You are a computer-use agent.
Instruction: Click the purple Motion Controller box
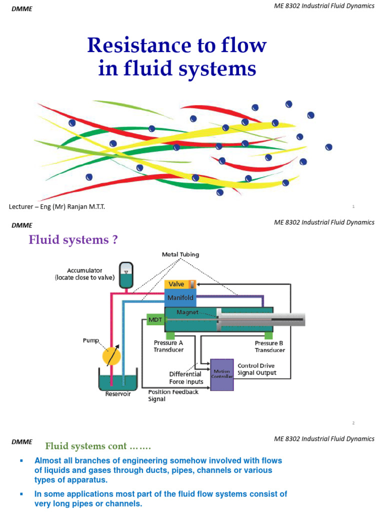222,374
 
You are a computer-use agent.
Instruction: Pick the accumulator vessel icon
126,274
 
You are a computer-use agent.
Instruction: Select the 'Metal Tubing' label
180,254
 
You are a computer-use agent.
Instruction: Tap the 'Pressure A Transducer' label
168,346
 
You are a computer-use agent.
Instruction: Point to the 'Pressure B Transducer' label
269,346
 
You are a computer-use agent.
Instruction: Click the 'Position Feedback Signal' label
173,395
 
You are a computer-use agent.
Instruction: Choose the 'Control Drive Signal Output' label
256,369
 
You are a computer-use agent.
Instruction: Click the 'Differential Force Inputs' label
185,377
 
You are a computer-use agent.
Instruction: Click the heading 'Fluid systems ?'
73,240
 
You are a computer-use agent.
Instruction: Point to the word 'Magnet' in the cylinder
187,312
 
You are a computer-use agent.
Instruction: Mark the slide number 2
353,423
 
